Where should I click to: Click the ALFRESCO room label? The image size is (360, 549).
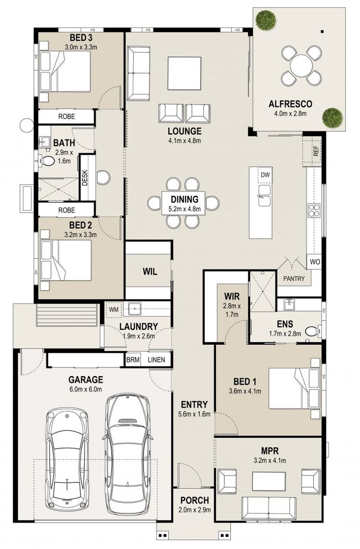290,104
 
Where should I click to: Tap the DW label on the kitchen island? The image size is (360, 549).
264,175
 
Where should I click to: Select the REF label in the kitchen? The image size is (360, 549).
316,150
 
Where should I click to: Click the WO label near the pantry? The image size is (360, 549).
314,263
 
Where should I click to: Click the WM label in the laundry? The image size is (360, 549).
113,309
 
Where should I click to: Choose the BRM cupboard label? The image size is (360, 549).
132,360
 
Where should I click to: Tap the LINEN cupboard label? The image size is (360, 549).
156,360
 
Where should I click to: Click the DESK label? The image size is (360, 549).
85,176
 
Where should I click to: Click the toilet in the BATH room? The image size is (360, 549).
48,162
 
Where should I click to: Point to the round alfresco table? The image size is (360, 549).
302,66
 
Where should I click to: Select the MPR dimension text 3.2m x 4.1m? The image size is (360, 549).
270,461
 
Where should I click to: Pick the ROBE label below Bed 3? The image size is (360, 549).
66,116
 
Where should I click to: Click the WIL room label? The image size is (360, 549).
149,271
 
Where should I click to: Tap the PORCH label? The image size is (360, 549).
194,500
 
